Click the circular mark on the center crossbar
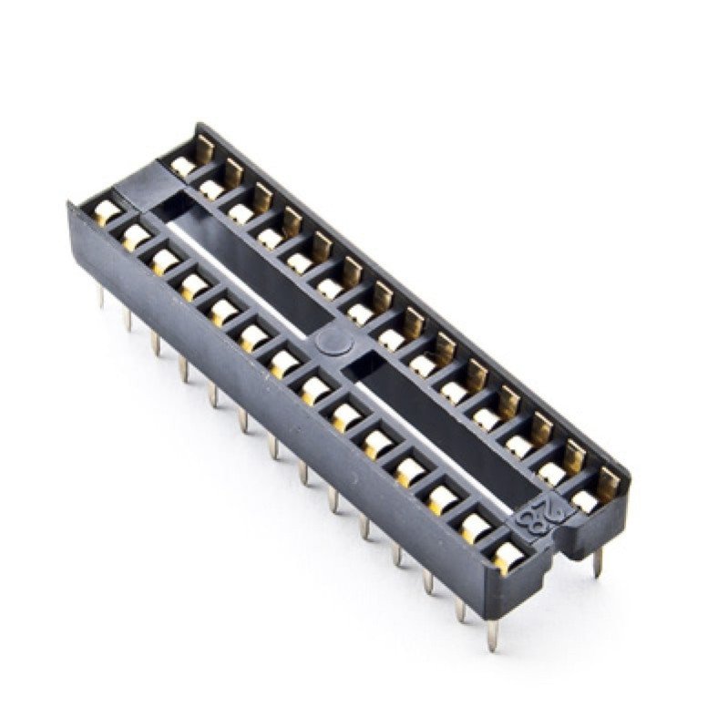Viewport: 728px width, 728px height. tap(334, 343)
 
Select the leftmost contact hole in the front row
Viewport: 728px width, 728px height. tap(107, 212)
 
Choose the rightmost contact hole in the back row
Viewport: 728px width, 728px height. tap(585, 501)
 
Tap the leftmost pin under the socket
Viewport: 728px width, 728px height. tap(101, 297)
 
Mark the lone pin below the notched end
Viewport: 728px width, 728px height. tap(598, 562)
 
